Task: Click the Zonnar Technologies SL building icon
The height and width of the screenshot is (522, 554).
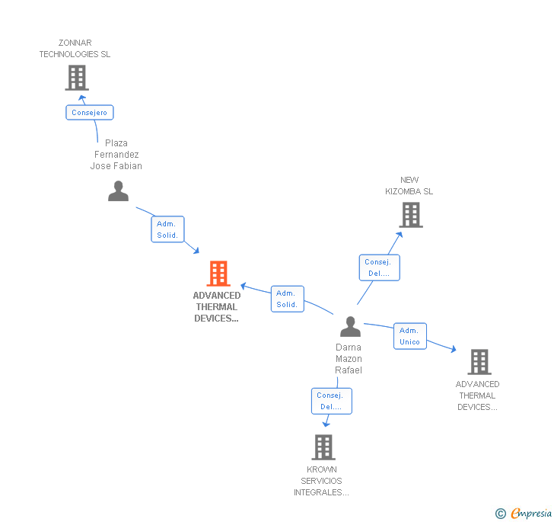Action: (x=76, y=77)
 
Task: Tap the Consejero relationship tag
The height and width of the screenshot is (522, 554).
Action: (x=89, y=113)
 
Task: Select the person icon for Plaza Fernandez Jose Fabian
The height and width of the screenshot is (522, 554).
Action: (x=118, y=191)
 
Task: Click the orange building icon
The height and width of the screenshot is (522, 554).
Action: (x=218, y=274)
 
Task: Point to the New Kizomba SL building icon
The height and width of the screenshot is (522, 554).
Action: (x=411, y=215)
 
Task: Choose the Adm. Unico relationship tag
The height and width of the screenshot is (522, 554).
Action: (x=409, y=336)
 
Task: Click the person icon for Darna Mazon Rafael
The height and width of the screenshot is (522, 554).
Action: (x=350, y=326)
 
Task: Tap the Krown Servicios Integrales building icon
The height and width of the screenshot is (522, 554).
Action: (x=323, y=447)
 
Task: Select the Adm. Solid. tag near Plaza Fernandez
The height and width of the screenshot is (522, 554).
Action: (x=167, y=229)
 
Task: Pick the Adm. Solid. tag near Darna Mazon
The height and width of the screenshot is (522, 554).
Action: (x=287, y=299)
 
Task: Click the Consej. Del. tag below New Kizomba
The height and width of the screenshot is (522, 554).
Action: (x=378, y=267)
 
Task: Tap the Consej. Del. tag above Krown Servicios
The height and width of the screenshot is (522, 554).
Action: (x=331, y=401)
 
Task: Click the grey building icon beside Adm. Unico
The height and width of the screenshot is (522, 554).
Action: (x=479, y=361)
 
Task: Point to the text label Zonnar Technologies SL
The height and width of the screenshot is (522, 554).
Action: (x=75, y=49)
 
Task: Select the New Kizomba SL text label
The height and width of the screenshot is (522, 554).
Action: (x=409, y=186)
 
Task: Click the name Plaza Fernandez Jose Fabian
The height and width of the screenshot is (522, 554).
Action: (x=116, y=155)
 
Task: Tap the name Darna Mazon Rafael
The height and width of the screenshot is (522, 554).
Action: (x=349, y=359)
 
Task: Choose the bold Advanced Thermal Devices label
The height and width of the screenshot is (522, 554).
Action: (x=217, y=307)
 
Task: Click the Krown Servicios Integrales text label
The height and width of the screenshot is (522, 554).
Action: (x=321, y=481)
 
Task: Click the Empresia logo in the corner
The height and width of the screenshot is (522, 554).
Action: (x=524, y=514)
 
